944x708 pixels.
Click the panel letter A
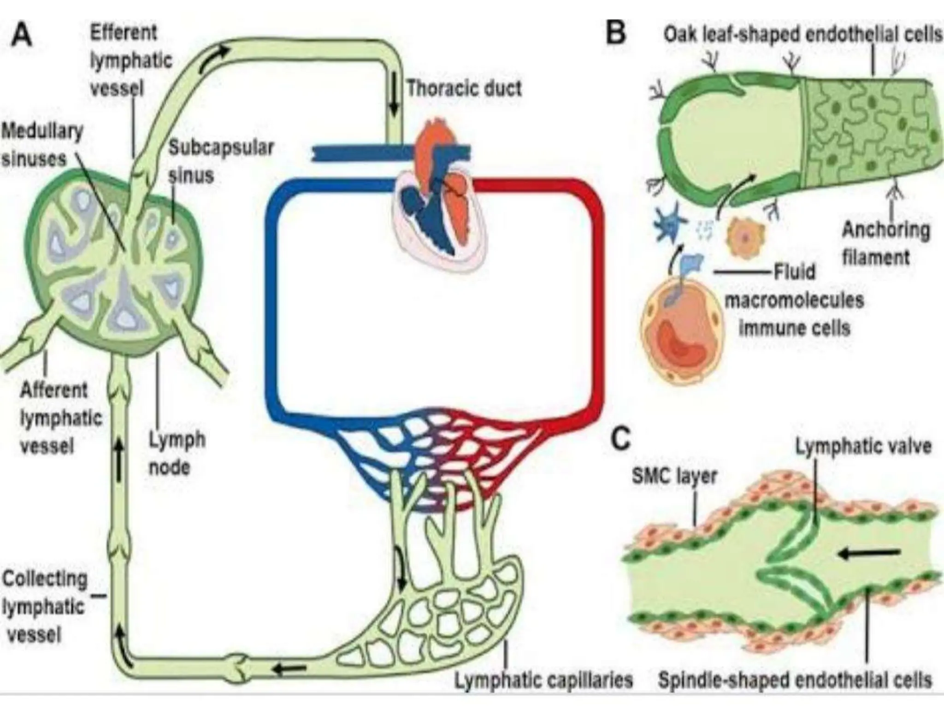[x=22, y=35]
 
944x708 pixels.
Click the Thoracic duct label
[x=464, y=88]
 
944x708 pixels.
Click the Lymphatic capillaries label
[x=543, y=680]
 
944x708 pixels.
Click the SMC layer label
[x=674, y=476]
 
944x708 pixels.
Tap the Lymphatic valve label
[x=863, y=447]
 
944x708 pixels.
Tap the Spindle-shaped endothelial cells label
[x=795, y=680]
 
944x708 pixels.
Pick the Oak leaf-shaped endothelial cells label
[x=802, y=35]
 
